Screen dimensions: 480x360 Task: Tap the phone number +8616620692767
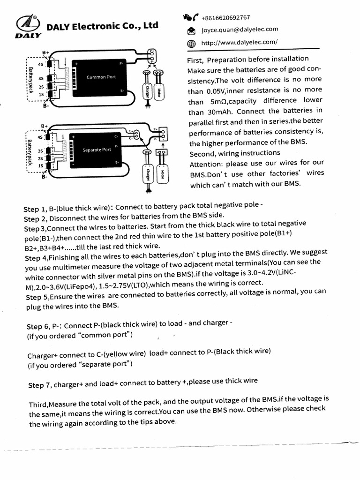225,18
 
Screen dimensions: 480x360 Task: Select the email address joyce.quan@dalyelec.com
240,30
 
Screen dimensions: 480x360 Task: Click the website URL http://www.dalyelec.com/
239,43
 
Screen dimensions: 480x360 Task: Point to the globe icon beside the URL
191,44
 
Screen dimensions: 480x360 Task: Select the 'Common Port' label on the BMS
101,77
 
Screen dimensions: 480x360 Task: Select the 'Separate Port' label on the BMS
97,150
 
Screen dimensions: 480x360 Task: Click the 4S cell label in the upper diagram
41,64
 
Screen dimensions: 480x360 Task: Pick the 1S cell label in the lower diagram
41,165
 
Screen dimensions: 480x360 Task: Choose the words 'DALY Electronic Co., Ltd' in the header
102,26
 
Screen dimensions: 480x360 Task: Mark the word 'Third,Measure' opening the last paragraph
53,404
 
